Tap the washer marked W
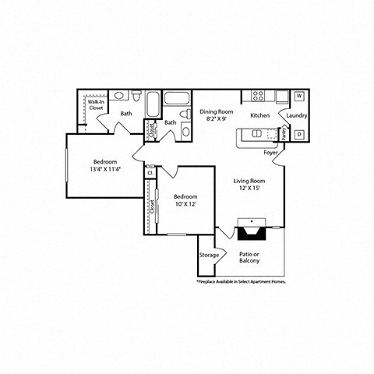pos(299,97)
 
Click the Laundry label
pos(296,116)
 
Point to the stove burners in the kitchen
pos(259,97)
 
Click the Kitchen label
pos(260,116)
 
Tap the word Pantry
pos(284,134)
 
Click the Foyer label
pos(270,152)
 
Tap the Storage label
pos(209,255)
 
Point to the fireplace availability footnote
pos(242,281)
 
